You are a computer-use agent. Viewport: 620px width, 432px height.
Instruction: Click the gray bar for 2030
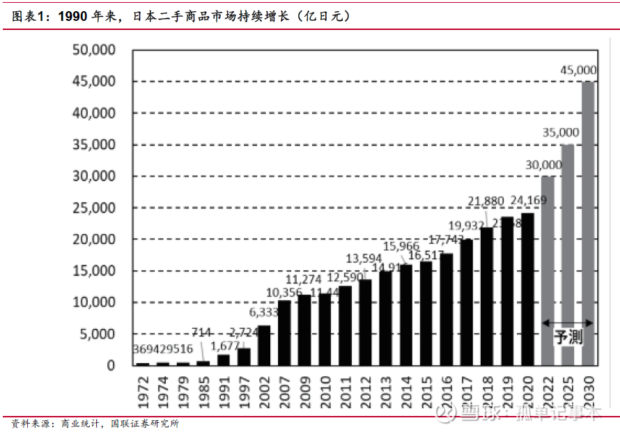tap(588, 223)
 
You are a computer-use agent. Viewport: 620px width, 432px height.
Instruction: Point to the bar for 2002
tap(264, 345)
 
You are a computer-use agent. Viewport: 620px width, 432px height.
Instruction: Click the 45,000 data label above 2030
tap(578, 70)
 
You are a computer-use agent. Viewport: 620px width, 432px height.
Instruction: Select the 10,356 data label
tap(285, 292)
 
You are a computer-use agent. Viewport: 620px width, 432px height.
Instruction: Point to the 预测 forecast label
tap(568, 338)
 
